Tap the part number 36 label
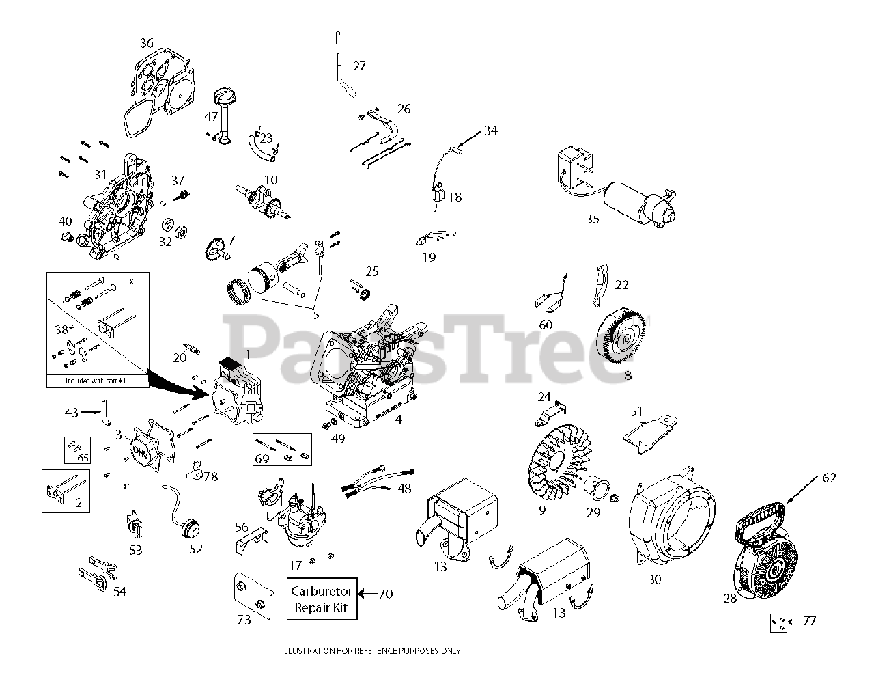point(147,43)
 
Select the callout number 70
point(386,594)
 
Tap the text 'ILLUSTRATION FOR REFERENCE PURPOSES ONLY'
point(371,650)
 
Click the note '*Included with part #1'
point(96,380)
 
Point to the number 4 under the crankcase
point(398,419)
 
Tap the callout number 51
point(636,411)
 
